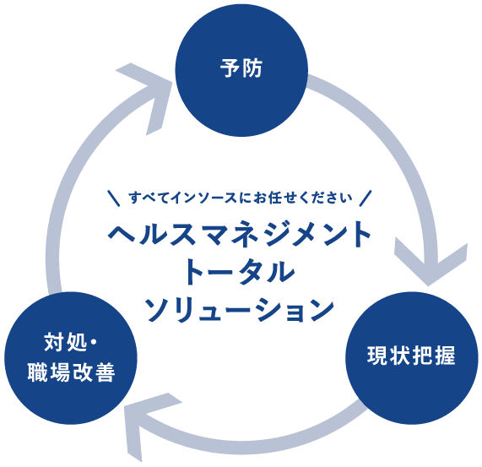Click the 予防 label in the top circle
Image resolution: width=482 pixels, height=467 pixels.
pyautogui.click(x=241, y=68)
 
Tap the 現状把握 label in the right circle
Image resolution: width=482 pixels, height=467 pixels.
pyautogui.click(x=411, y=356)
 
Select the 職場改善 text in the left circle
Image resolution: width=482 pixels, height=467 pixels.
pyautogui.click(x=71, y=372)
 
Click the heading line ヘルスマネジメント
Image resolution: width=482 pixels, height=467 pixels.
pyautogui.click(x=240, y=235)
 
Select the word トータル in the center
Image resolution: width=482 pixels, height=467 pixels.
pyautogui.click(x=240, y=272)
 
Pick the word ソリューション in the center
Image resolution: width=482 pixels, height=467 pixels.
pyautogui.click(x=239, y=309)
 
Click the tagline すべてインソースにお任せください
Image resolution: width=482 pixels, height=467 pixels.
pyautogui.click(x=241, y=198)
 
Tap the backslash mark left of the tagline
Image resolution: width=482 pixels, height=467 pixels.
pyautogui.click(x=114, y=198)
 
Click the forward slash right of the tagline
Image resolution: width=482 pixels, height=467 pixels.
pyautogui.click(x=366, y=198)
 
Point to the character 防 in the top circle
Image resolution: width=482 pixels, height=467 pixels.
pyautogui.click(x=252, y=68)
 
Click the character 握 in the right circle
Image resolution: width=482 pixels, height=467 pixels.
pyautogui.click(x=445, y=356)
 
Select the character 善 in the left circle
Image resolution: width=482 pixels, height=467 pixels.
pyautogui.click(x=105, y=372)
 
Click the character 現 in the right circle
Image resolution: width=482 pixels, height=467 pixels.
pyautogui.click(x=377, y=356)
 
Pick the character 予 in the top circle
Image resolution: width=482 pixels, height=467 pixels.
pyautogui.click(x=230, y=68)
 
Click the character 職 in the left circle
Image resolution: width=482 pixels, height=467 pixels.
pyautogui.click(x=38, y=372)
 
